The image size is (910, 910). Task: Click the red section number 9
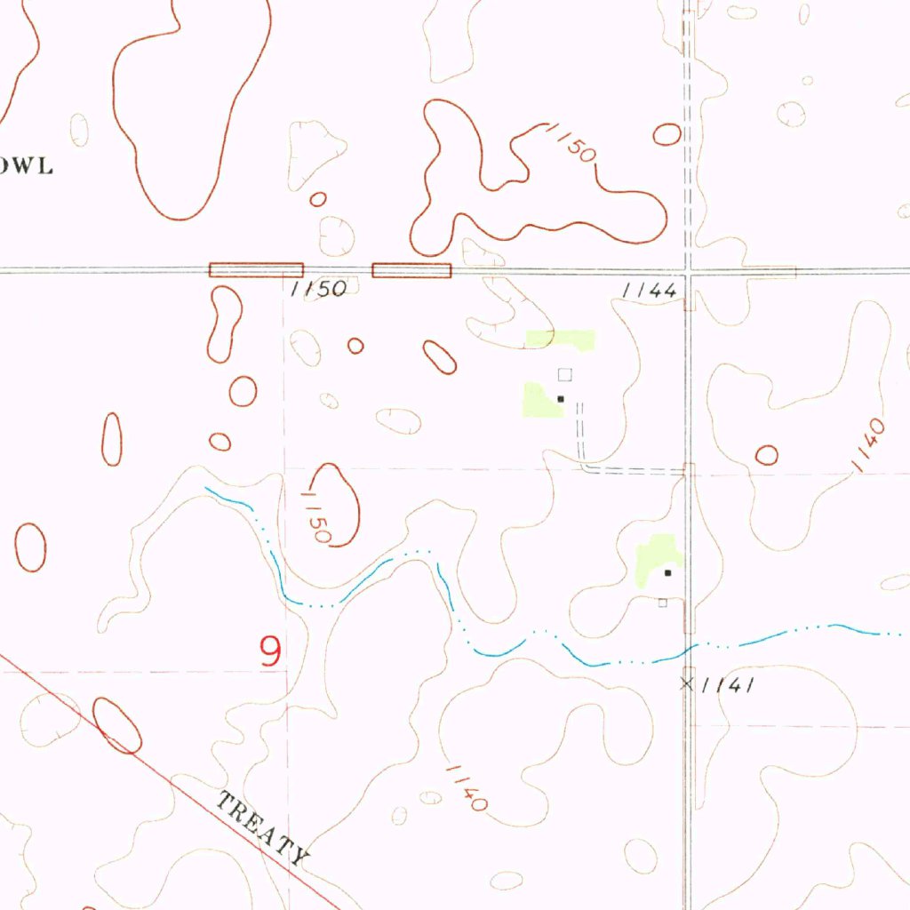271,651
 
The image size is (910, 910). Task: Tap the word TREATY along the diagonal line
264,829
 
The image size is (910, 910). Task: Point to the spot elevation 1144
651,291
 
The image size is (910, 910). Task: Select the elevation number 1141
728,684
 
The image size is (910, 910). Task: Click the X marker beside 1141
686,682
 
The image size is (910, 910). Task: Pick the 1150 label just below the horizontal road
317,291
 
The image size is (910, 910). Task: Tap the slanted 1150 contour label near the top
570,142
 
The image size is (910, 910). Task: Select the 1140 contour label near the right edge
867,445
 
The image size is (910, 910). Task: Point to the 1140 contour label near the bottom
467,786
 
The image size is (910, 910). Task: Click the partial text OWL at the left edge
27,165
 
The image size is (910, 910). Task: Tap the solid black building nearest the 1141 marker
667,573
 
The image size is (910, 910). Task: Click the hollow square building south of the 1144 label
564,374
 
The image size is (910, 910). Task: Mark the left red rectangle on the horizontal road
256,269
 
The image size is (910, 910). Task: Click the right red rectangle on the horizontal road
411,270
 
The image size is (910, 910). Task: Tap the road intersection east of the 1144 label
688,269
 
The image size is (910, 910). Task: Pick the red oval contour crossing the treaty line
117,725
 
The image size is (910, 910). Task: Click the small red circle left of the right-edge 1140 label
766,455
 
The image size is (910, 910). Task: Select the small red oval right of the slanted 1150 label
667,134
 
